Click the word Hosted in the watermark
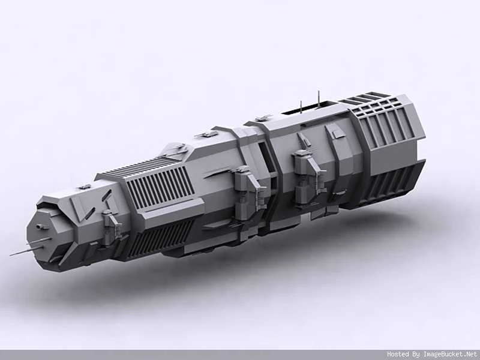coord(398,355)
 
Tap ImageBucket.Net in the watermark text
coord(451,355)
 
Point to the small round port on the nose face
coord(39,227)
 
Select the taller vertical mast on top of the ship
coord(319,99)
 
